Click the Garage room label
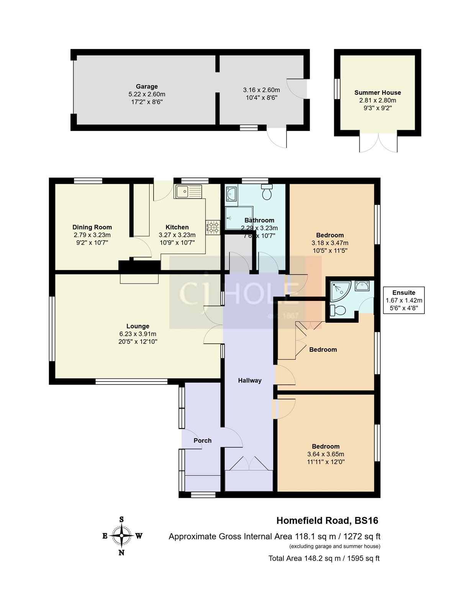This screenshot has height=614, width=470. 147,87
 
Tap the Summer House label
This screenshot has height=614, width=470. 377,92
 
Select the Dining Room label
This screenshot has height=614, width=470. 92,227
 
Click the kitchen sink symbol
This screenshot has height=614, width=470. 188,191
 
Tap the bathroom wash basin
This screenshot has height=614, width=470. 231,194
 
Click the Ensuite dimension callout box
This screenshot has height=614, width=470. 404,300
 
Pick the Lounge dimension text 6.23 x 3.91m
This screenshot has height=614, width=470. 138,334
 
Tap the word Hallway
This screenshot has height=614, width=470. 250,380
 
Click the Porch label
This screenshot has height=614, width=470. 202,441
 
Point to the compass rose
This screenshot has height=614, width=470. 122,536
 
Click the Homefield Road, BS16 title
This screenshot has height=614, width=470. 327,521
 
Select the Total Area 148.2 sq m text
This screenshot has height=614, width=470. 324,558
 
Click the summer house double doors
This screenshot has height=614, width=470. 378,143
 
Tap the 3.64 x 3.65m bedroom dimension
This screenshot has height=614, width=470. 326,454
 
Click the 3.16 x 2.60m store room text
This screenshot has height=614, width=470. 261,90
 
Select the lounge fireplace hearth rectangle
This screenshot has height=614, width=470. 139,279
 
